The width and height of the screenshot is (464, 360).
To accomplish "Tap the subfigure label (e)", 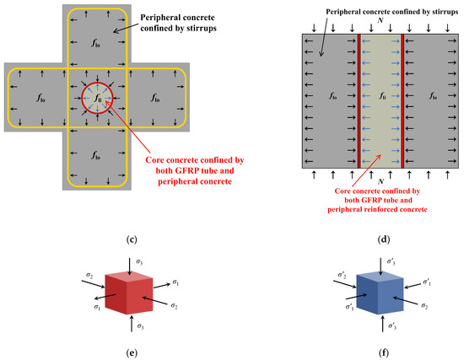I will tap(131, 347).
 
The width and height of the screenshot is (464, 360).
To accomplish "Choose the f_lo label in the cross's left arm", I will tap(40, 98).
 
